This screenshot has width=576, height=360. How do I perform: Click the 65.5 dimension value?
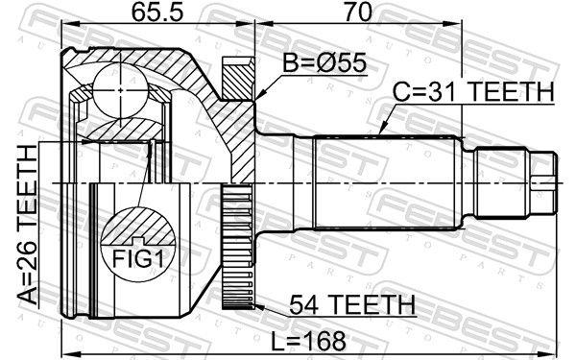pyautogui.click(x=157, y=12)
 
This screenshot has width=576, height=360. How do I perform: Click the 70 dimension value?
pyautogui.click(x=357, y=12)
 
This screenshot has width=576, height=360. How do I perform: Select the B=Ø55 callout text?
pyautogui.click(x=324, y=62)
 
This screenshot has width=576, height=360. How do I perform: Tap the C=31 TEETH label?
pyautogui.click(x=473, y=92)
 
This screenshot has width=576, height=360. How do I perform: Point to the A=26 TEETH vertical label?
pyautogui.click(x=28, y=225)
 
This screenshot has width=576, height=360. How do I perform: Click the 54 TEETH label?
pyautogui.click(x=352, y=304)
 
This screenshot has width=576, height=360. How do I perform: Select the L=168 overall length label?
pyautogui.click(x=308, y=341)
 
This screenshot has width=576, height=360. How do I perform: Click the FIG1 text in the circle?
pyautogui.click(x=137, y=258)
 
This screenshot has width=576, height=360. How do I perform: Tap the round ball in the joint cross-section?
pyautogui.click(x=121, y=90)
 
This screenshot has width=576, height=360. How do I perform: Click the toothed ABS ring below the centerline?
pyautogui.click(x=238, y=246)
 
